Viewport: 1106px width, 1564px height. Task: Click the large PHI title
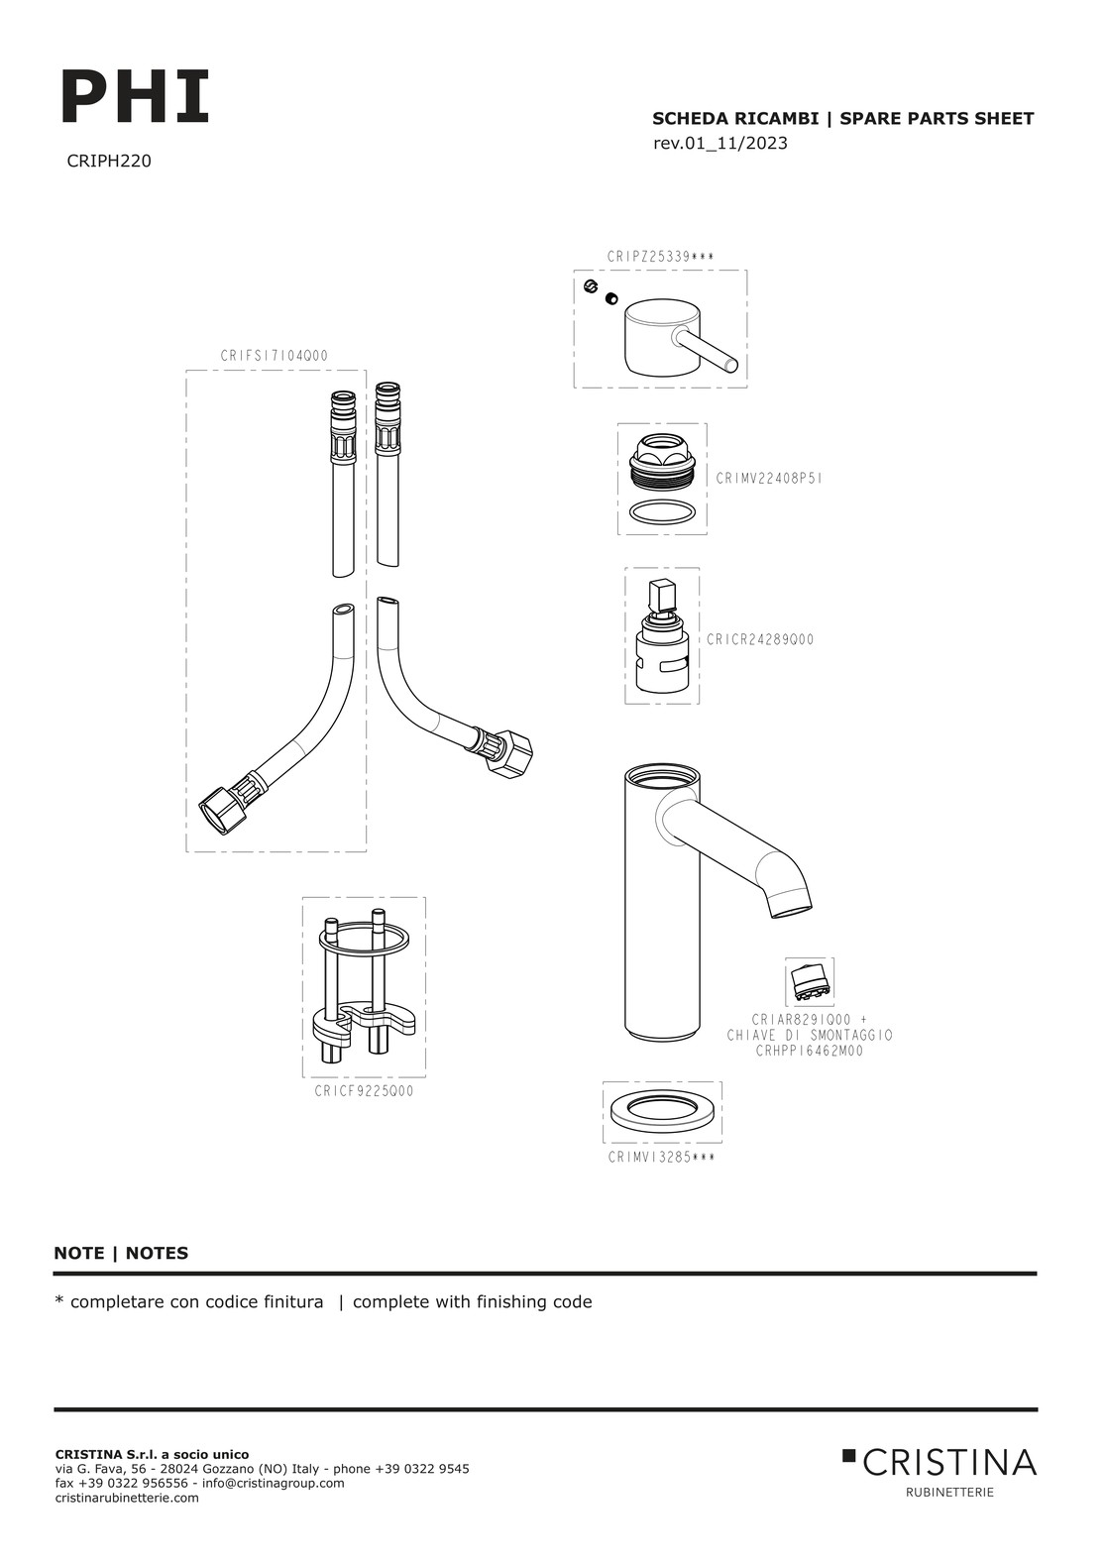[x=136, y=96]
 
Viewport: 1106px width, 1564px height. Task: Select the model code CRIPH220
[x=109, y=162]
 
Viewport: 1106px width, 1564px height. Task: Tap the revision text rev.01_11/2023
[x=719, y=143]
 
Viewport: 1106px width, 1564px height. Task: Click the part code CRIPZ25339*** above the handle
[x=660, y=257]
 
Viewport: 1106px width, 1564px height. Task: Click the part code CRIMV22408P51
[x=769, y=479]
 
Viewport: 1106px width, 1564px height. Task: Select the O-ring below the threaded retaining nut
[x=663, y=511]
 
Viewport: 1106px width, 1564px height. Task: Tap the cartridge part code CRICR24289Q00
[x=760, y=639]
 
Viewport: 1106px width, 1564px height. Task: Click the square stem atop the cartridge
[x=660, y=595]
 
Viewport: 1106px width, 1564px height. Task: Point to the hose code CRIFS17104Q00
[x=275, y=356]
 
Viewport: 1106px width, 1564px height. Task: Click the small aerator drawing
[x=810, y=981]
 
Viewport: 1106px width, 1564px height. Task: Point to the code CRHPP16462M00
[x=810, y=1070]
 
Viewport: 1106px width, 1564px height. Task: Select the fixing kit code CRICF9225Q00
[x=364, y=1090]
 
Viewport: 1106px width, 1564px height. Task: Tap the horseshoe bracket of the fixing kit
[x=363, y=1021]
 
